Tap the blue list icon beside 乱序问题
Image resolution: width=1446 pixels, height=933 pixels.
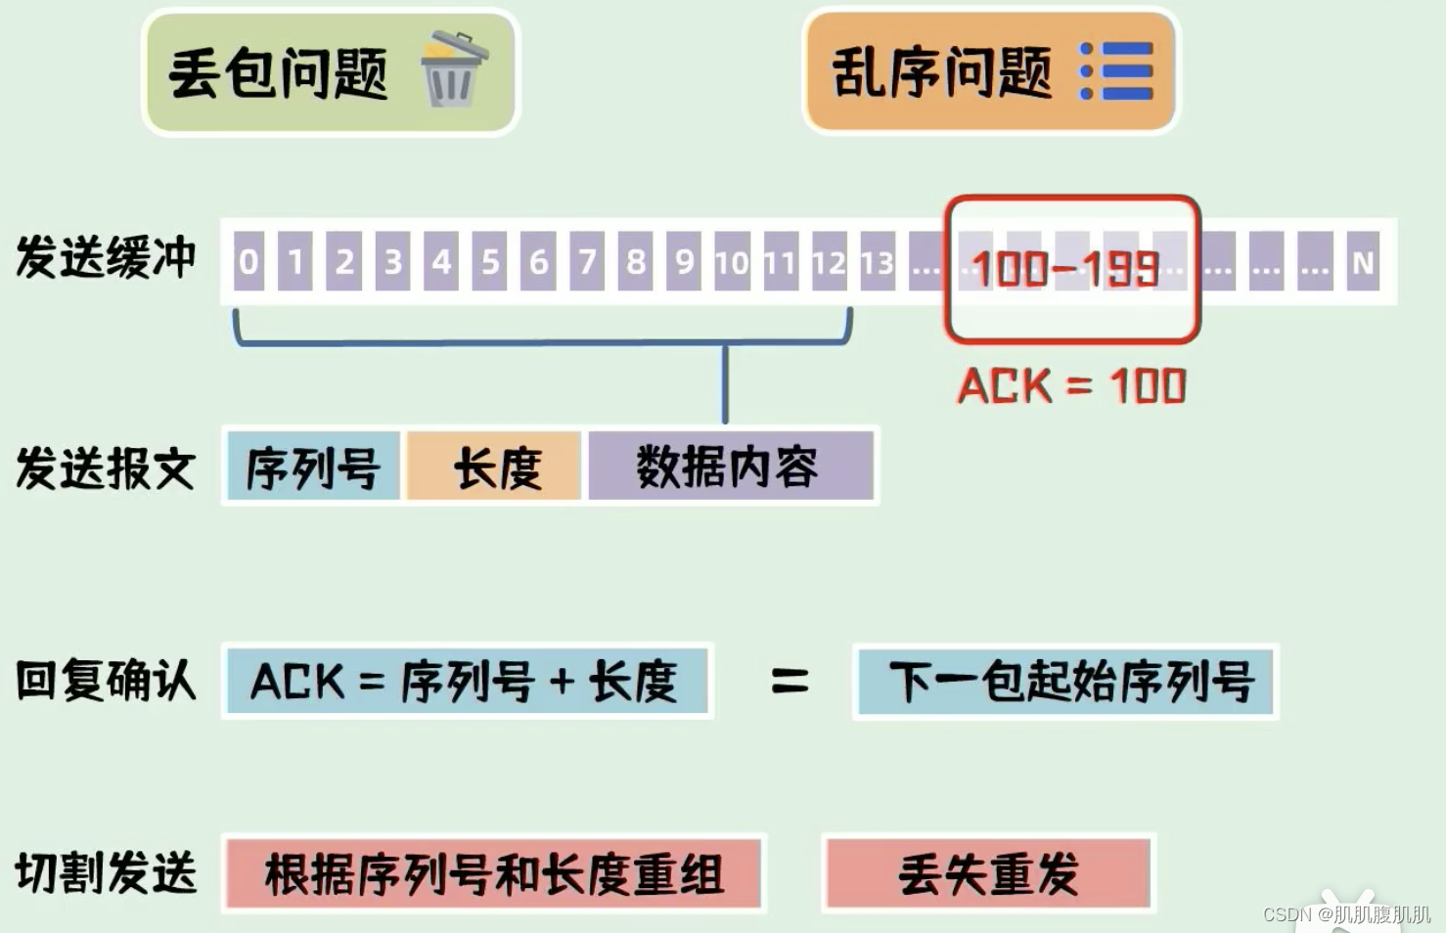1116,70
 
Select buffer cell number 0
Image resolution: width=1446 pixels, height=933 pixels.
249,261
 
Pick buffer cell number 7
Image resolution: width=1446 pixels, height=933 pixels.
587,261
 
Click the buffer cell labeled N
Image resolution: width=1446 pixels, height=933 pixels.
1363,261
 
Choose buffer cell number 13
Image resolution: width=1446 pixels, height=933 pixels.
878,261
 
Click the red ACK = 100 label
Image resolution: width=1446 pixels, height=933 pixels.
1071,386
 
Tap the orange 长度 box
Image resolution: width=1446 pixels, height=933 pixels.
495,466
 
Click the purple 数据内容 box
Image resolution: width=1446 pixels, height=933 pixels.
729,466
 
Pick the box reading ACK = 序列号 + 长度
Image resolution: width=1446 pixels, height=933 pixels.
467,681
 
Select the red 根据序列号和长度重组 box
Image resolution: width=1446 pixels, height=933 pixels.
494,873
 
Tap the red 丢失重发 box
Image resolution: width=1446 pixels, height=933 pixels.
988,873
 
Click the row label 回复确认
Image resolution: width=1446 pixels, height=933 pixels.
106,681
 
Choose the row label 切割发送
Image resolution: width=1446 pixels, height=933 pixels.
106,873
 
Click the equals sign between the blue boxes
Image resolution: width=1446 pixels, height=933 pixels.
789,681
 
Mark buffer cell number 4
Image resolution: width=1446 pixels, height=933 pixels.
441,261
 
